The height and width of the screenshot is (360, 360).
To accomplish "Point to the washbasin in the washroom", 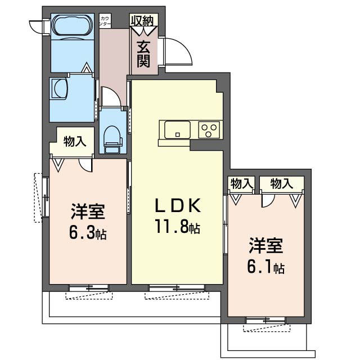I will [x=60, y=89].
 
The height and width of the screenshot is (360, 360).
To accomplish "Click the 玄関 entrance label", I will [x=144, y=54].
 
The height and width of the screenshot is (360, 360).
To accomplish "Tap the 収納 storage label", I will [x=144, y=21].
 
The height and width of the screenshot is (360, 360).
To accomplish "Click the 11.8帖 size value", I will [x=178, y=228].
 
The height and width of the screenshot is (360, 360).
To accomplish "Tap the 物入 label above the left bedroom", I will [x=75, y=141].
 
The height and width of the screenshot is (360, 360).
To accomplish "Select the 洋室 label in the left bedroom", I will [x=88, y=212].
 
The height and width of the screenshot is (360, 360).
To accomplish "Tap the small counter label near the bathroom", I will [x=105, y=21].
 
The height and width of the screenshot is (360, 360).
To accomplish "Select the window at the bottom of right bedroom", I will [x=265, y=321].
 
